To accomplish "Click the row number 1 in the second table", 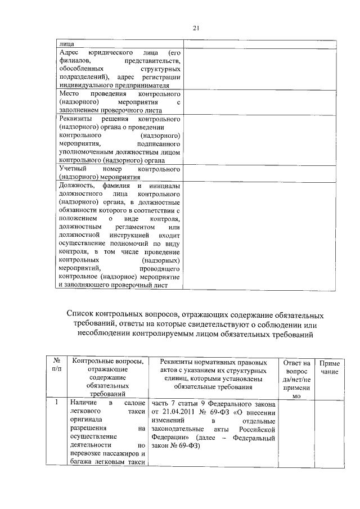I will [x=56, y=403].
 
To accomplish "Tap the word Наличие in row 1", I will [x=83, y=403].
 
